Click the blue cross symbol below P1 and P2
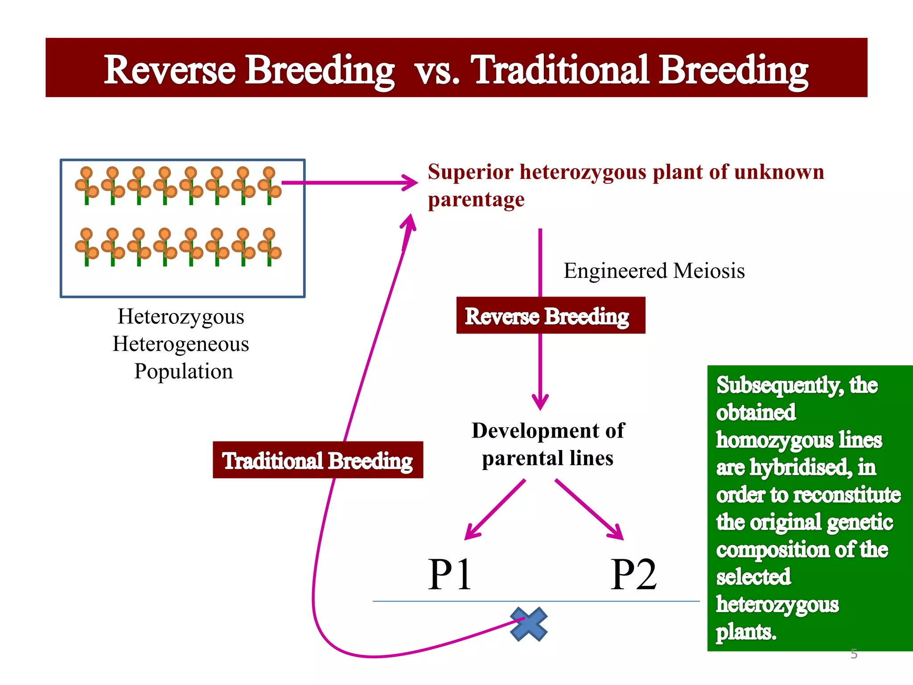pos(529,624)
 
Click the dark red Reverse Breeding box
pos(551,315)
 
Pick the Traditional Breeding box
pos(318,460)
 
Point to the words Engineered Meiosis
pos(654,271)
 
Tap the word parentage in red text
pos(476,199)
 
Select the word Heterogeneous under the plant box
pos(181,344)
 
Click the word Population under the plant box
pos(183,371)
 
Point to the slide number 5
pos(854,654)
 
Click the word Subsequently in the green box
pos(779,385)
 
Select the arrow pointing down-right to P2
pos(590,510)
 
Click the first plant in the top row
pos(86,186)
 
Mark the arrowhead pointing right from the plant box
pos(409,182)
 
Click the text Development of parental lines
pos(548,444)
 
